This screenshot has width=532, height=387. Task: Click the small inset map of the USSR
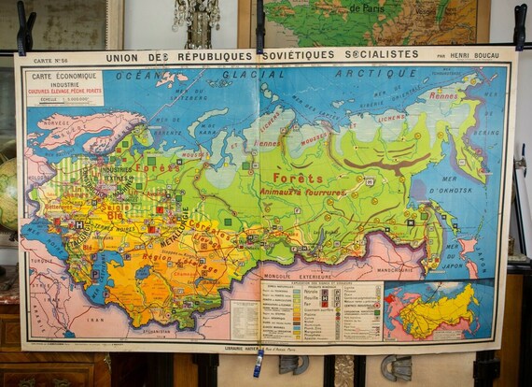(x=438, y=310)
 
